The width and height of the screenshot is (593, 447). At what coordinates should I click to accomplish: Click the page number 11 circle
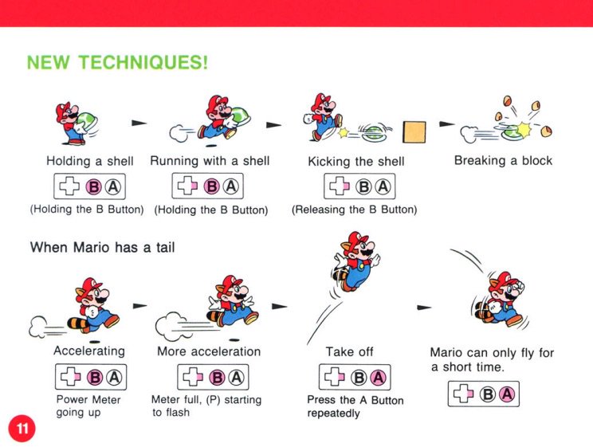tap(22, 429)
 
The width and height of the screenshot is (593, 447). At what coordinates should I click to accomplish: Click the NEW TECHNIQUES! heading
tap(117, 62)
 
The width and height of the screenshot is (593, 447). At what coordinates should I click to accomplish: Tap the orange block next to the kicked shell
tap(414, 132)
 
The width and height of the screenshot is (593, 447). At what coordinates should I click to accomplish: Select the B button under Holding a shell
tap(93, 186)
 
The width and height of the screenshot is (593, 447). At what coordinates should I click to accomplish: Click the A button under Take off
tap(378, 378)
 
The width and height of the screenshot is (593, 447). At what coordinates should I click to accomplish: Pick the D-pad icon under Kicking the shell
tap(340, 186)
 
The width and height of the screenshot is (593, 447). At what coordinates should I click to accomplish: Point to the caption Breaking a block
tap(503, 160)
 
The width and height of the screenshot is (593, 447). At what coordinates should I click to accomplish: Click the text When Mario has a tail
tap(102, 247)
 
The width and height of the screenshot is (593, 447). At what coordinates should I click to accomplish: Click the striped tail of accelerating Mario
tap(78, 322)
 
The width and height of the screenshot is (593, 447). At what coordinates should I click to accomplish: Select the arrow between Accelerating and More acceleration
tap(140, 305)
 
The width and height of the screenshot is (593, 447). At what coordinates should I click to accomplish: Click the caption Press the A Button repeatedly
tap(355, 406)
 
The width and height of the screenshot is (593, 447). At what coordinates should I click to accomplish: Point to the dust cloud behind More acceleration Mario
tap(170, 326)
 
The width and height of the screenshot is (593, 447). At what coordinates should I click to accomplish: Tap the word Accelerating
tap(89, 351)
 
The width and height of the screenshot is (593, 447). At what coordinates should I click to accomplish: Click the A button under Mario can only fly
tap(507, 394)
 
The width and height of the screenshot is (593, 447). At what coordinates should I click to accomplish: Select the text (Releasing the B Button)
tap(355, 209)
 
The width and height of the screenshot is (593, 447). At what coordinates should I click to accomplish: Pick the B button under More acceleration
tap(217, 378)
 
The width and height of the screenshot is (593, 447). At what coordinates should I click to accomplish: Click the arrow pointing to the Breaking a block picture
tap(446, 124)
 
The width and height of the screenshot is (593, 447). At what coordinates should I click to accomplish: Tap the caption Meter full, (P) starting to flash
tap(206, 406)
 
